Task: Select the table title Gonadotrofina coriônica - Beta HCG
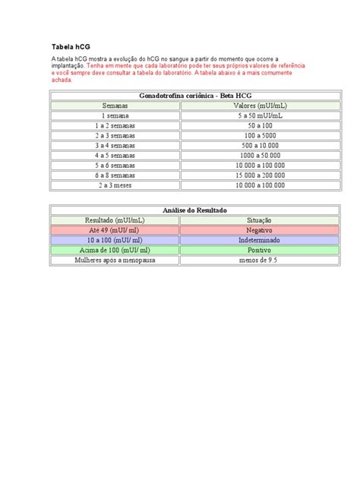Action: pyautogui.click(x=179, y=96)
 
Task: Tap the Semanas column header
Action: pyautogui.click(x=115, y=106)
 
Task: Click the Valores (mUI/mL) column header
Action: pyautogui.click(x=244, y=106)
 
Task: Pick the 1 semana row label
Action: pyautogui.click(x=115, y=115)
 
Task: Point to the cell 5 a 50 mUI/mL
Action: pyautogui.click(x=244, y=115)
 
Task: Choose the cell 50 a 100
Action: pyautogui.click(x=244, y=125)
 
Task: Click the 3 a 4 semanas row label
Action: pyautogui.click(x=115, y=145)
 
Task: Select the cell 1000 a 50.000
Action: pyautogui.click(x=244, y=155)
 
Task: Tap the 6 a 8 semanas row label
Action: pyautogui.click(x=115, y=175)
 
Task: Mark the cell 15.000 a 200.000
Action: pyautogui.click(x=244, y=175)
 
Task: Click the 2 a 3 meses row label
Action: pyautogui.click(x=115, y=185)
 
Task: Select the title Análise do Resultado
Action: pyautogui.click(x=179, y=210)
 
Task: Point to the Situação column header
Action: pyautogui.click(x=244, y=219)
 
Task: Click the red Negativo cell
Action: pyautogui.click(x=244, y=229)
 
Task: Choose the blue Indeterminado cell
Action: pyautogui.click(x=244, y=239)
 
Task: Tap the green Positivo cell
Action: pyautogui.click(x=244, y=249)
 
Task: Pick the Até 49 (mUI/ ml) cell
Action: pyautogui.click(x=115, y=229)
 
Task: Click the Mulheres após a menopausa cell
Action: pyautogui.click(x=115, y=259)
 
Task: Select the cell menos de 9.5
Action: pyautogui.click(x=244, y=259)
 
